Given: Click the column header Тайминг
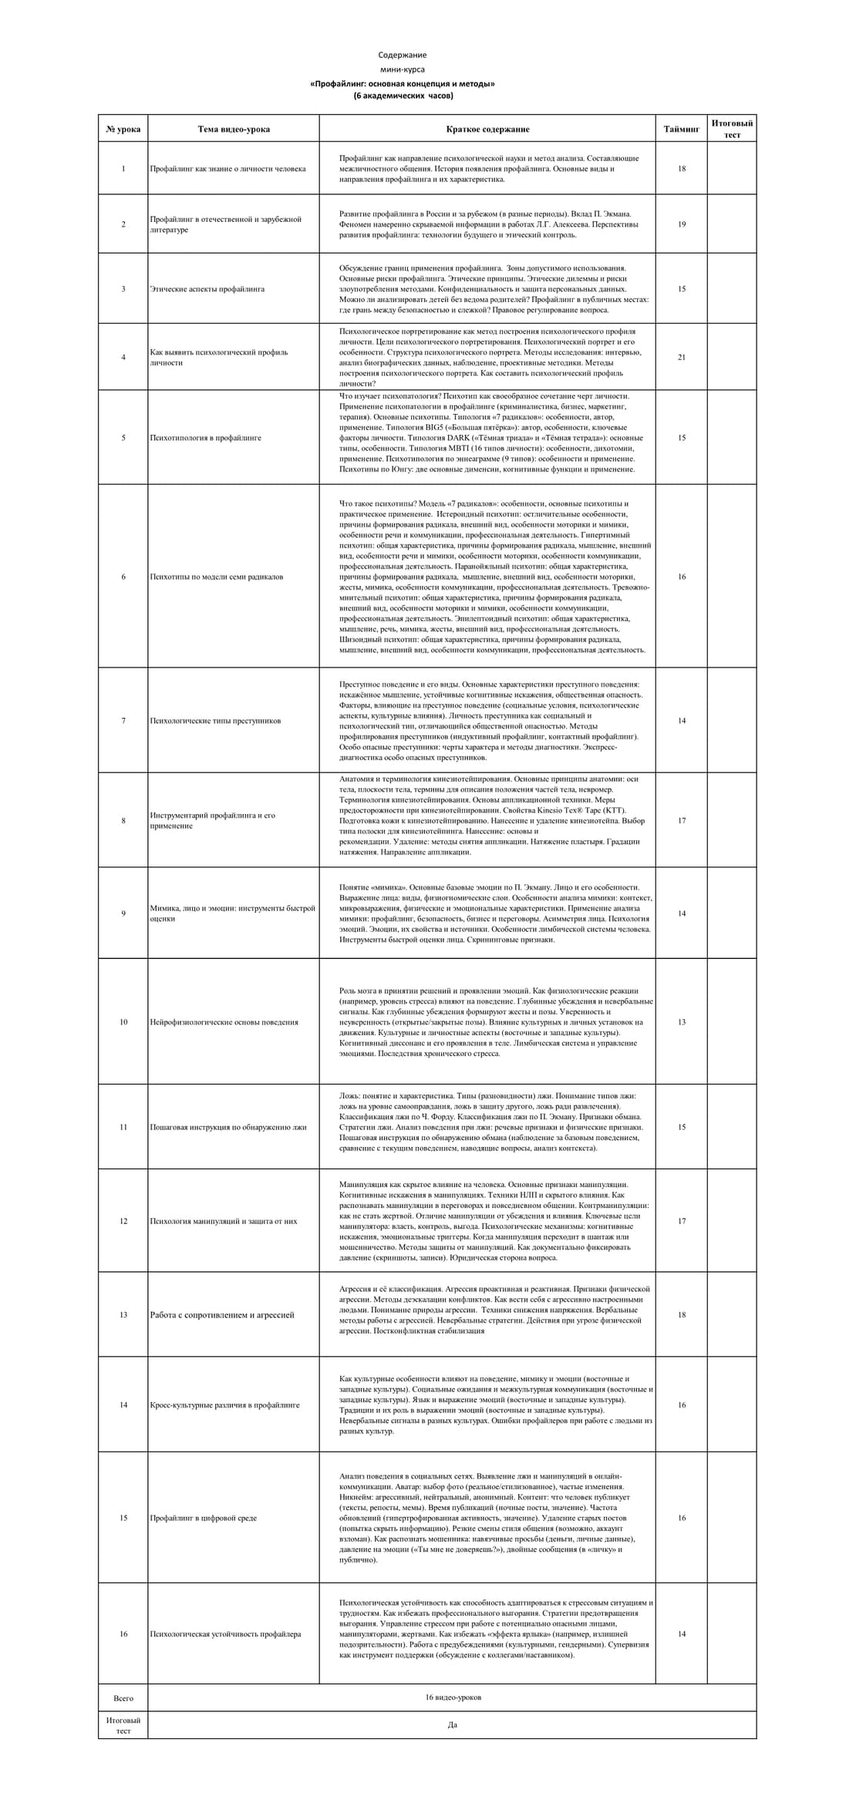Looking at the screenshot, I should pyautogui.click(x=681, y=129).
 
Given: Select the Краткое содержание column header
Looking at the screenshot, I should pyautogui.click(x=487, y=129).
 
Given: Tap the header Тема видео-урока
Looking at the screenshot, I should pyautogui.click(x=234, y=129).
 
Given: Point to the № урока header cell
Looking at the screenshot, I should pyautogui.click(x=123, y=129).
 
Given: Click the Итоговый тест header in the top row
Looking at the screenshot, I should pyautogui.click(x=732, y=129).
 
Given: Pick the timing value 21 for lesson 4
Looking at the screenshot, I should pyautogui.click(x=681, y=357).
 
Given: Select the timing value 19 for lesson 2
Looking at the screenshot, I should pyautogui.click(x=681, y=224).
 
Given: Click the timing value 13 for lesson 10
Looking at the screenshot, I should pyautogui.click(x=681, y=1022).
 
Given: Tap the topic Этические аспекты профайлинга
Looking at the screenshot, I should pyautogui.click(x=207, y=289).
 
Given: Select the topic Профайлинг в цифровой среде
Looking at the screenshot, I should pyautogui.click(x=204, y=1518).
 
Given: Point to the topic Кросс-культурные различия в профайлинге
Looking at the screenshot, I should pyautogui.click(x=224, y=1404).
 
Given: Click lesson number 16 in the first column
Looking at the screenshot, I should pyautogui.click(x=123, y=1633).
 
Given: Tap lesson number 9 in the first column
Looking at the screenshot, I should pyautogui.click(x=123, y=913).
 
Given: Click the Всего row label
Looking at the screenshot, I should pyautogui.click(x=123, y=1697).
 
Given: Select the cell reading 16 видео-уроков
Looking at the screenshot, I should pyautogui.click(x=453, y=1697).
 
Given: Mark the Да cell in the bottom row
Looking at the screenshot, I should pyautogui.click(x=453, y=1724).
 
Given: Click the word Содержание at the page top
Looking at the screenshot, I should pyautogui.click(x=402, y=55).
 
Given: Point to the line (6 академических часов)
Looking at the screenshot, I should pyautogui.click(x=403, y=96).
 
